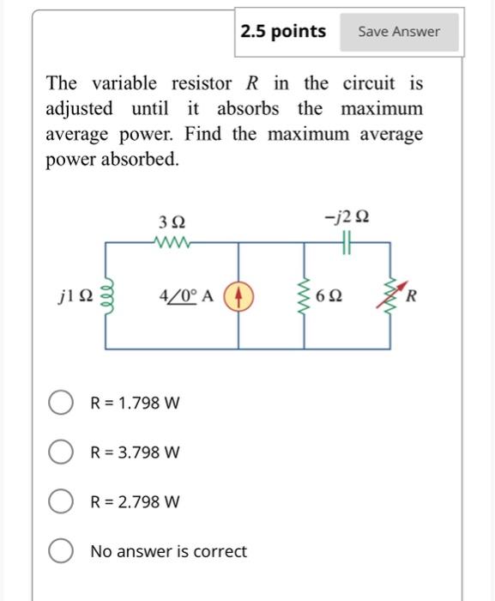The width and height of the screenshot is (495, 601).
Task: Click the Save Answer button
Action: tap(398, 32)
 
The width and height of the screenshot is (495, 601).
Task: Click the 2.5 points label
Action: tap(283, 32)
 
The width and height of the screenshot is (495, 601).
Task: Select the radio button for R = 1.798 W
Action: tap(60, 403)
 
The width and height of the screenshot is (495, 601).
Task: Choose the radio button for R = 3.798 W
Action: tap(60, 452)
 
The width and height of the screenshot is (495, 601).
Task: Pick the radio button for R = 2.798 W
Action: tap(60, 501)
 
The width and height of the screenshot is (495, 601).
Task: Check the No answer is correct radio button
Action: tap(60, 551)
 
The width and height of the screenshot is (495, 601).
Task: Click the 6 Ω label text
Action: tap(329, 297)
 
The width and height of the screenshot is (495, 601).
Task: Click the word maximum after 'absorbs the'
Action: tap(382, 109)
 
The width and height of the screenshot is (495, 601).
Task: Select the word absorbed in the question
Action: tap(142, 161)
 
